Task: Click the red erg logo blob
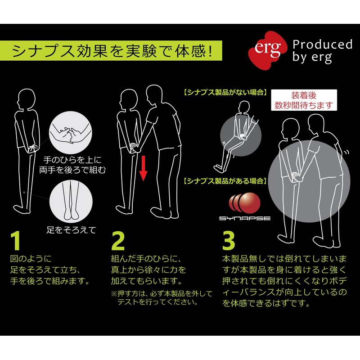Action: [x=267, y=50]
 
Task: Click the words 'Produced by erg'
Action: [x=322, y=51]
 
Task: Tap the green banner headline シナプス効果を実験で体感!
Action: [x=112, y=51]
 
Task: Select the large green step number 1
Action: [x=16, y=241]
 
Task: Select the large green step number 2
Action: [x=118, y=241]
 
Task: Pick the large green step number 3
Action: [x=229, y=241]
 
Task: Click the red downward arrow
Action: [x=144, y=168]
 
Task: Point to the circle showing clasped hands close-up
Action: [x=71, y=133]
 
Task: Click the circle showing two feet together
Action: [x=71, y=201]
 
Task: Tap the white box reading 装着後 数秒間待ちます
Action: [x=304, y=100]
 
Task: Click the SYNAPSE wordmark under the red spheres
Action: [x=245, y=218]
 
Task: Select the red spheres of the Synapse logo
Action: [x=245, y=202]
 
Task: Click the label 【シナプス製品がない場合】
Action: [x=226, y=92]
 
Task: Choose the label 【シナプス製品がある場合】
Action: [x=226, y=181]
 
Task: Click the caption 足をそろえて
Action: [x=71, y=229]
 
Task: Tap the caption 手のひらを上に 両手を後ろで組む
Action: [x=72, y=165]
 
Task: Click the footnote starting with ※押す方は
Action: [x=162, y=297]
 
